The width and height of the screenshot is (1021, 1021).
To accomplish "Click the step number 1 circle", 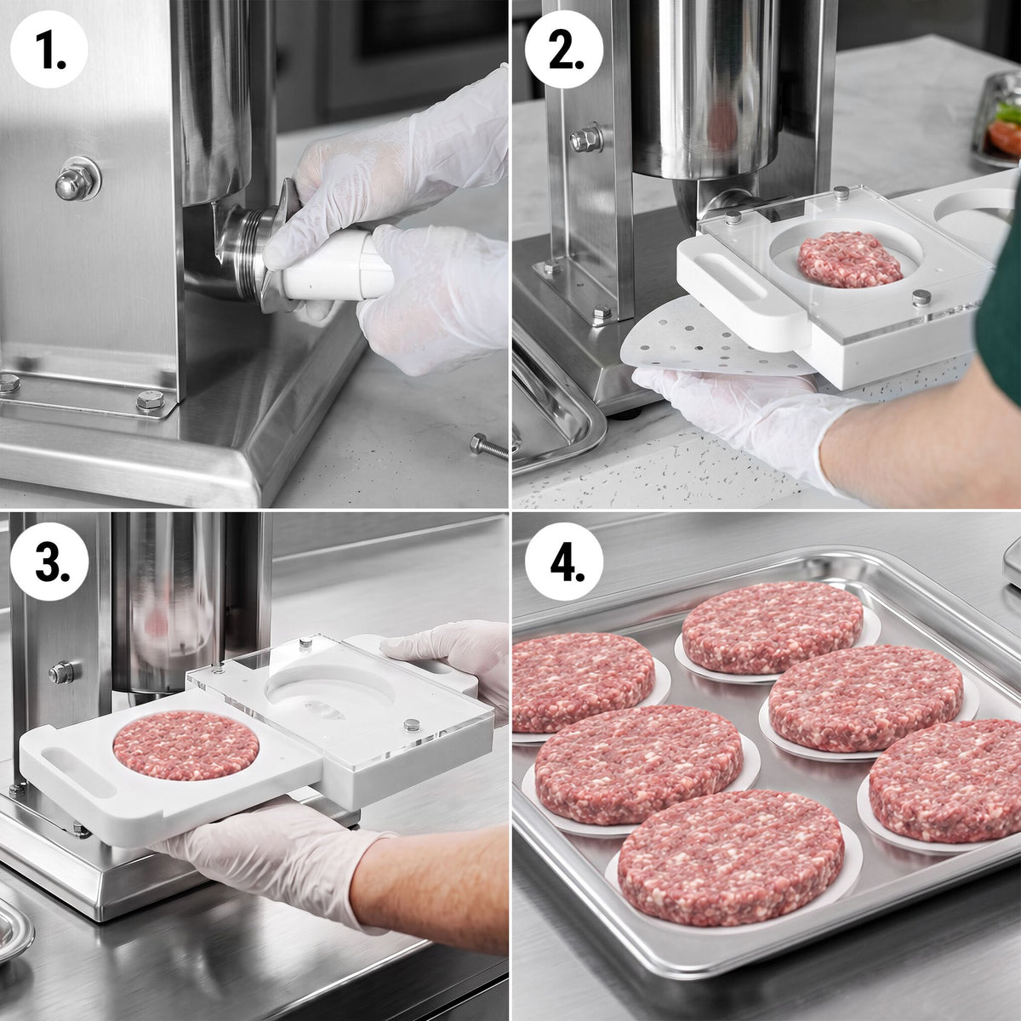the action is pyautogui.click(x=48, y=48).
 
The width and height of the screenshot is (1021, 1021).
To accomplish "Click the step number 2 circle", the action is pyautogui.click(x=564, y=48).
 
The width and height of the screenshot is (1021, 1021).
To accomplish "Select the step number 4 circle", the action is pyautogui.click(x=564, y=562).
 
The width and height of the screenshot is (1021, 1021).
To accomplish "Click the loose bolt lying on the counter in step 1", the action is pyautogui.click(x=488, y=446).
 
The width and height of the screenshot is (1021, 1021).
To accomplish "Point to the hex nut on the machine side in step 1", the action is pyautogui.click(x=77, y=180).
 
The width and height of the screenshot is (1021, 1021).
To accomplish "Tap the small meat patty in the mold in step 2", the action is pyautogui.click(x=849, y=260).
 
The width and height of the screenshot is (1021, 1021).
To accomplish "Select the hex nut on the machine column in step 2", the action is pyautogui.click(x=586, y=140).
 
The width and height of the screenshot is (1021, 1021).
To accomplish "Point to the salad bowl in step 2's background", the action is pyautogui.click(x=997, y=119).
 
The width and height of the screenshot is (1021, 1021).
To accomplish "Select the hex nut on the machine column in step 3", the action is pyautogui.click(x=61, y=672).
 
